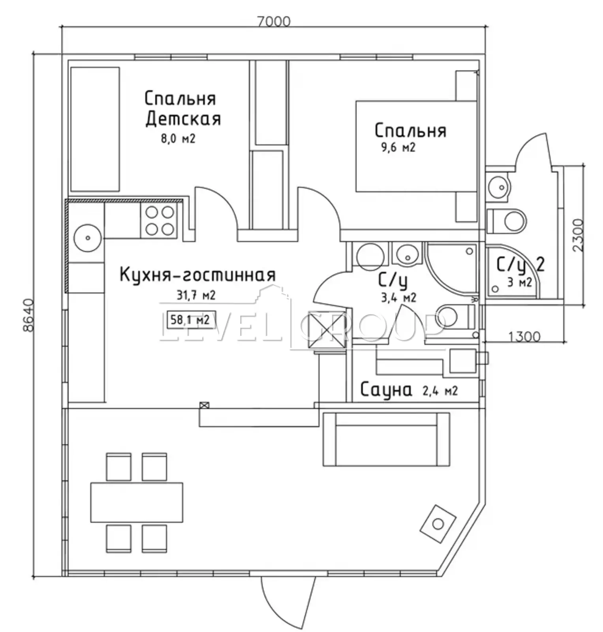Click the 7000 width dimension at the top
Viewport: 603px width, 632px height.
point(274,21)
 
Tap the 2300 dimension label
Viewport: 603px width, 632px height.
point(577,236)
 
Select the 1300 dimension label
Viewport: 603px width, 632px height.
point(524,337)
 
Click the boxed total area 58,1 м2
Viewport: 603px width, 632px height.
point(190,320)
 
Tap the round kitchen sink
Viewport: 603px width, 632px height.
point(88,238)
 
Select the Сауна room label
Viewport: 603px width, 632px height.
point(386,390)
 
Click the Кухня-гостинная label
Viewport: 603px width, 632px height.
point(197,275)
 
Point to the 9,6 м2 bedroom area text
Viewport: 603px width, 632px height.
point(398,148)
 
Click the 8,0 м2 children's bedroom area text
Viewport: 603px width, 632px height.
point(178,139)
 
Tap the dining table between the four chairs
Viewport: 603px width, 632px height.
point(137,502)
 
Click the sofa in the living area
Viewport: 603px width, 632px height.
point(386,439)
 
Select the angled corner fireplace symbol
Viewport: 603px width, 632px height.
point(438,524)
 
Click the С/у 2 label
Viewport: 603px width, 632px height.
point(520,265)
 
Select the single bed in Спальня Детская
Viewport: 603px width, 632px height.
point(95,129)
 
